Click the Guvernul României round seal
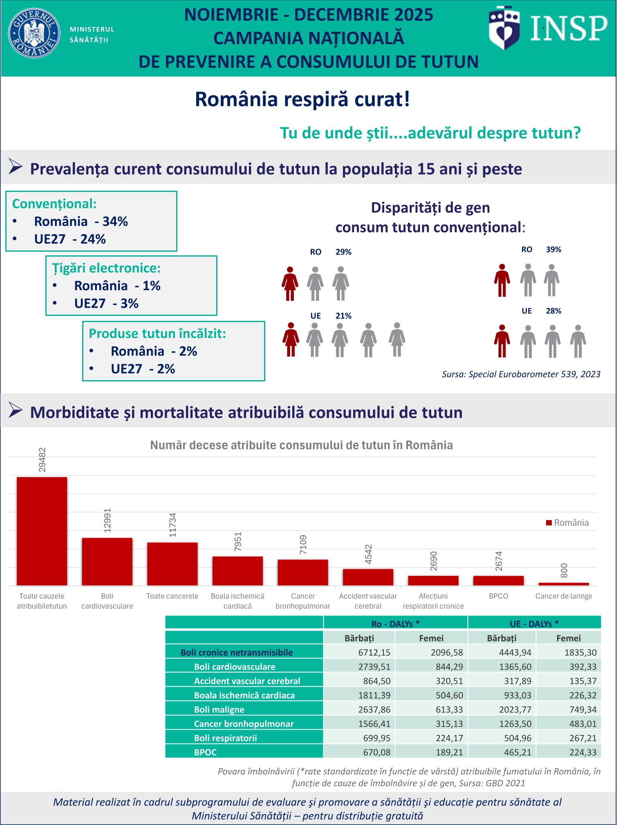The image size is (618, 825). (34, 33)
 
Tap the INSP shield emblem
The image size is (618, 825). (504, 28)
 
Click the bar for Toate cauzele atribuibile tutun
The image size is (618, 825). (42, 531)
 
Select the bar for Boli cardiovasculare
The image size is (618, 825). (107, 561)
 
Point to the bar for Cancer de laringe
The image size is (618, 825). (564, 584)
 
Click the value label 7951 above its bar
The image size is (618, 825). (238, 541)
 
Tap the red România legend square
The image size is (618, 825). (549, 523)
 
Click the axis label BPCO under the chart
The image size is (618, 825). (498, 596)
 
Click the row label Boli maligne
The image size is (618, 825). (219, 709)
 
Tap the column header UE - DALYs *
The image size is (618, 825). (534, 624)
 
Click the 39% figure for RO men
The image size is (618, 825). (553, 249)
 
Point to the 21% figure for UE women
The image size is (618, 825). (343, 316)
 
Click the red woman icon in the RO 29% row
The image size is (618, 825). (290, 284)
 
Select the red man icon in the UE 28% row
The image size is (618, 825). (502, 341)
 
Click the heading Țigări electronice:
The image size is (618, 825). (106, 268)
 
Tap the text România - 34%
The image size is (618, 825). (81, 221)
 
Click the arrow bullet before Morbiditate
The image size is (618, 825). (16, 410)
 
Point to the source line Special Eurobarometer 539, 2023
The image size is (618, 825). (521, 374)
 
